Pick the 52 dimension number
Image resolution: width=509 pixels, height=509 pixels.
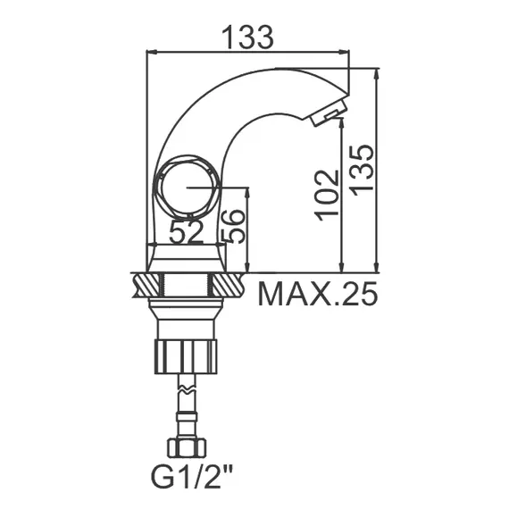[187, 232]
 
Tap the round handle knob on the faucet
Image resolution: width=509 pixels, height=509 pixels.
[186, 188]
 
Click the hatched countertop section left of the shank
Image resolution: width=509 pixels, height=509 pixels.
[146, 286]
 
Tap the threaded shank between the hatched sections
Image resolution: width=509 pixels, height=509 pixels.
[186, 286]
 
